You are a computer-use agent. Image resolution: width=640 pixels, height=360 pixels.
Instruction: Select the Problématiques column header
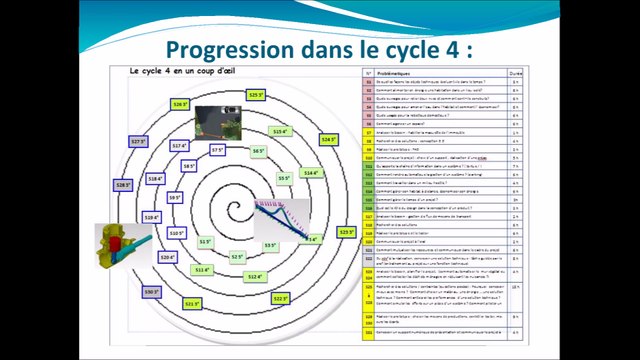coord(404,73)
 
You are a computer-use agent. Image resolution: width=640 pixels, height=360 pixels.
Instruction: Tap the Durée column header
coord(515,73)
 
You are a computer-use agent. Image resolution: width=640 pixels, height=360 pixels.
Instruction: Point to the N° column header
coord(367,73)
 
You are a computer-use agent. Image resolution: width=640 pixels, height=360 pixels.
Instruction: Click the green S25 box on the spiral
coord(255,95)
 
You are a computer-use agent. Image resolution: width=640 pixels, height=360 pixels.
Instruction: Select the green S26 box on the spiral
coord(180,104)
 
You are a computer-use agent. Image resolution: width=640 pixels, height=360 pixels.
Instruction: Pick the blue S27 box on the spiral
coord(139,142)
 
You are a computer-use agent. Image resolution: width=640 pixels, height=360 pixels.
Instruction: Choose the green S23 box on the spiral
coord(346,232)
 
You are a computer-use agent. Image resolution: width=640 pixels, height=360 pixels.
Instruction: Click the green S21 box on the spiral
coord(193,304)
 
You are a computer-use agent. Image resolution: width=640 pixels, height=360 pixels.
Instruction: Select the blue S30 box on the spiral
coord(152,292)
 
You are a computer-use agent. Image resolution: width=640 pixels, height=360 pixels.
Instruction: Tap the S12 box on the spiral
coord(254,277)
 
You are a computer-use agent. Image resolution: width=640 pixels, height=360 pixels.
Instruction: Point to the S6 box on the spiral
coord(258,151)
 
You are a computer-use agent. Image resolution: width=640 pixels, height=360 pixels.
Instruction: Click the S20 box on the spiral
coord(168,257)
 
